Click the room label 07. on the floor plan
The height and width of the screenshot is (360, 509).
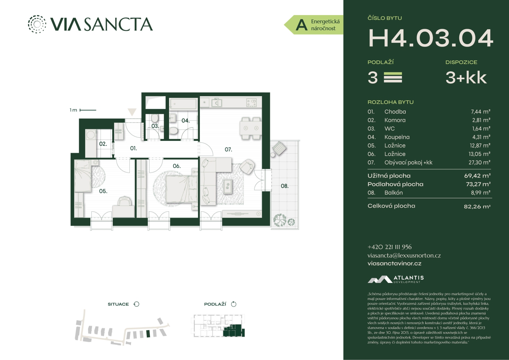click(228, 150)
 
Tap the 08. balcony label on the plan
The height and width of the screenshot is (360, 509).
click(284, 186)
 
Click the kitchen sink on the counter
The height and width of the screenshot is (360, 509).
click(216, 103)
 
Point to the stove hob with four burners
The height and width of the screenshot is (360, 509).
click(252, 102)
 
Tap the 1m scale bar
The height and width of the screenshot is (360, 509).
click(88, 110)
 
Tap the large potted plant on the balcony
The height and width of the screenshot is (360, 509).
click(280, 220)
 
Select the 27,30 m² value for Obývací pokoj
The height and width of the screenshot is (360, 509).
click(479, 162)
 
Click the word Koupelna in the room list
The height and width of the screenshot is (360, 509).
click(397, 137)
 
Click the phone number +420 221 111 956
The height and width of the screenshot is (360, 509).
click(390, 247)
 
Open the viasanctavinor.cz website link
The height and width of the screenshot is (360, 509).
click(394, 263)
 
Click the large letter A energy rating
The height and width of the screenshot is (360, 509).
click(301, 25)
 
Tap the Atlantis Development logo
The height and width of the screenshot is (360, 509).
click(396, 280)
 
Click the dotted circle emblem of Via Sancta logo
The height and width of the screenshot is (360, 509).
click(37, 24)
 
